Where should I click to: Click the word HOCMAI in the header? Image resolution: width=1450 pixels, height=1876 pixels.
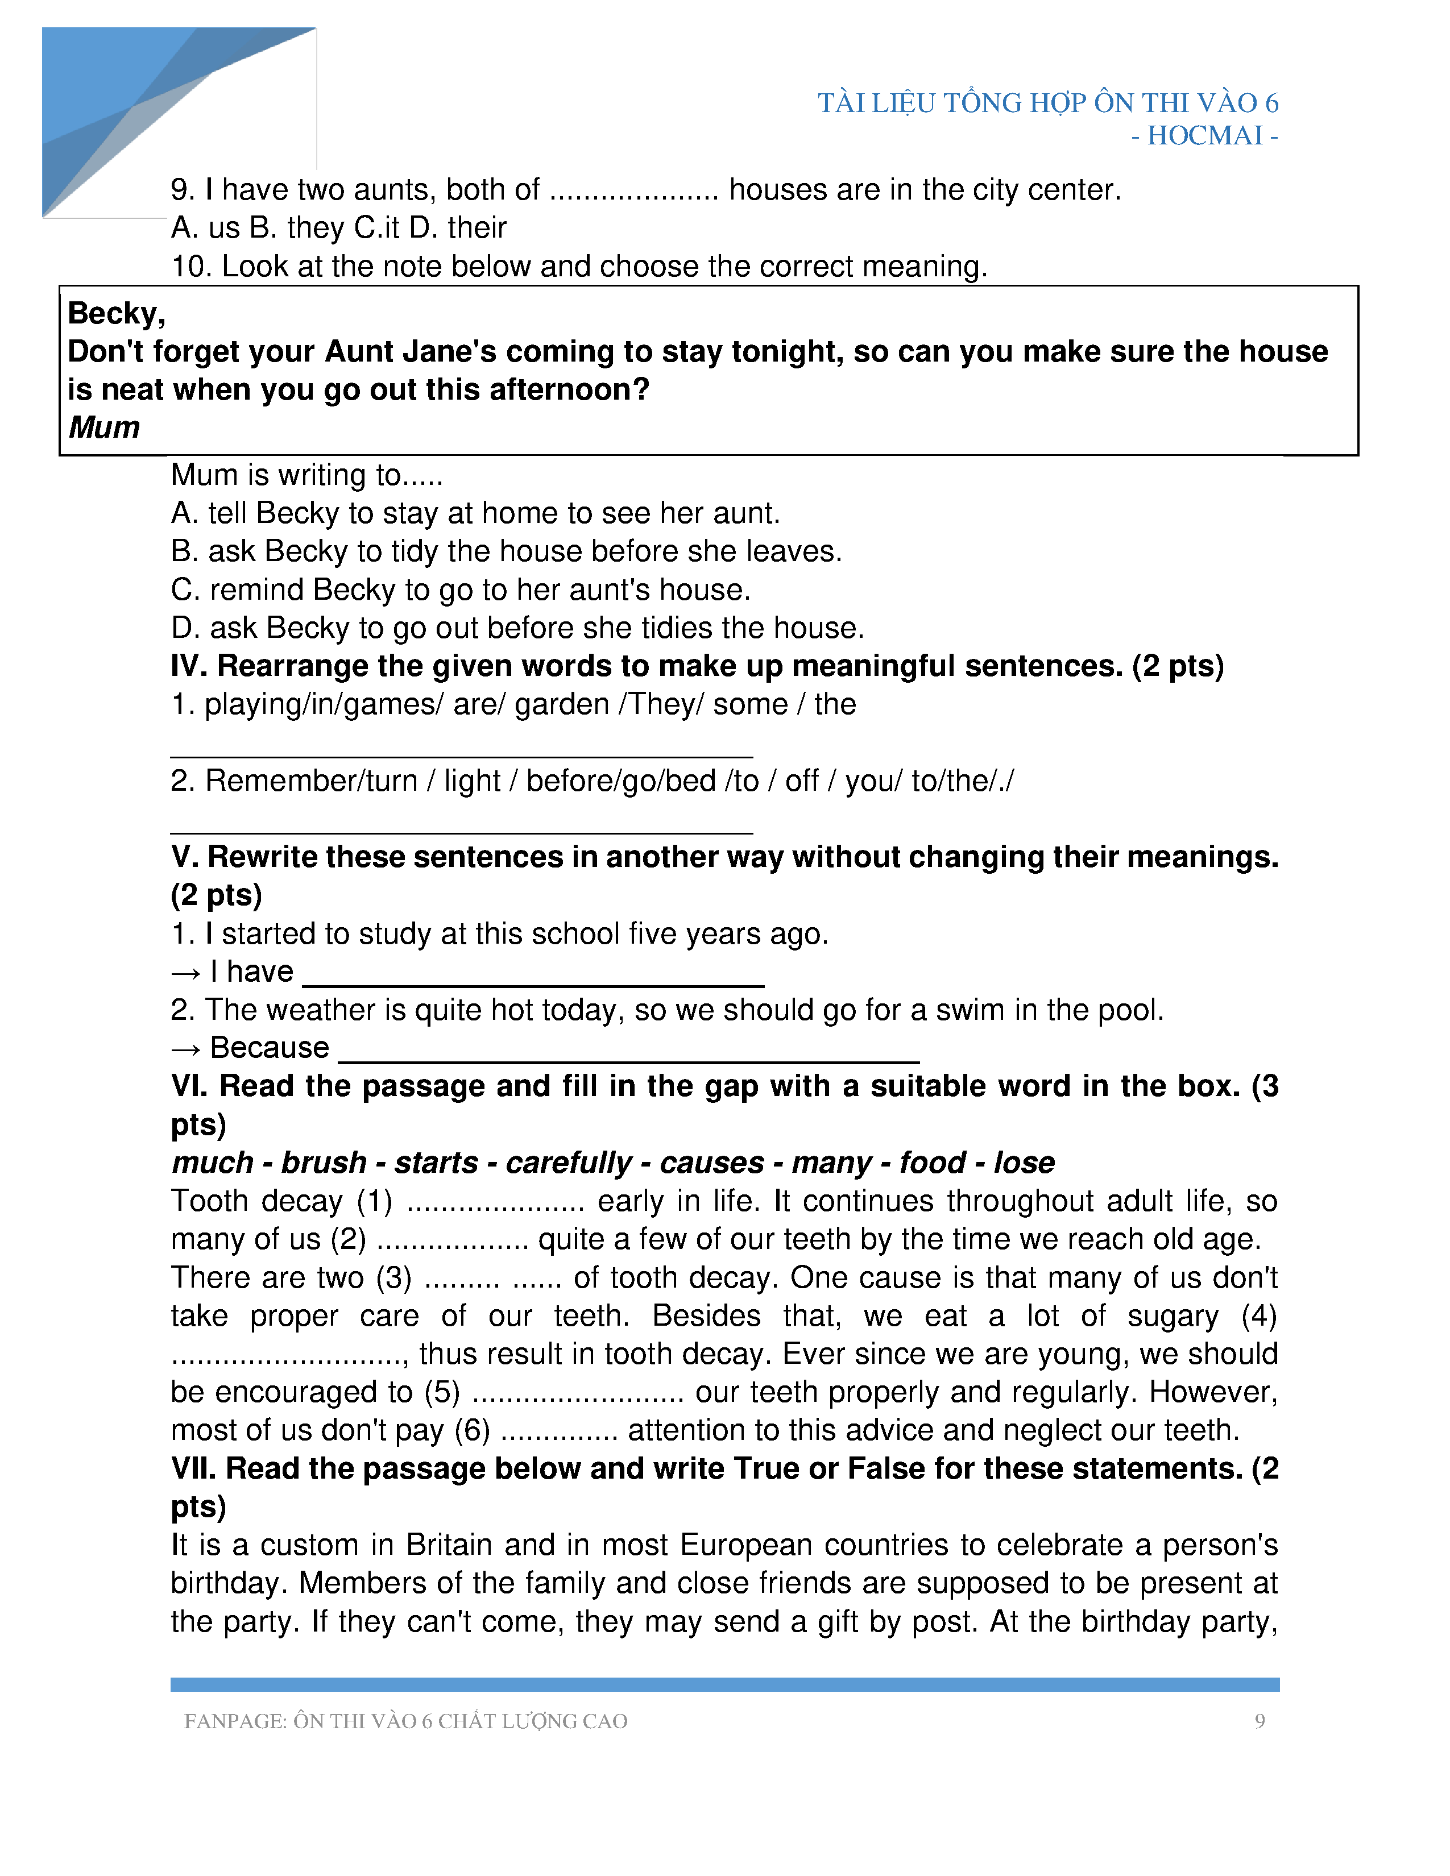pyautogui.click(x=1204, y=136)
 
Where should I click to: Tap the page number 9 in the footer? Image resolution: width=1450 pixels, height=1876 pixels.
pyautogui.click(x=1260, y=1721)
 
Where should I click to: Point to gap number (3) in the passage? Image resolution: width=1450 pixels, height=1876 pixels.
pyautogui.click(x=394, y=1278)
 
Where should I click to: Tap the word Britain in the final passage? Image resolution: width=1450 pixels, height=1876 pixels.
pyautogui.click(x=450, y=1545)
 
